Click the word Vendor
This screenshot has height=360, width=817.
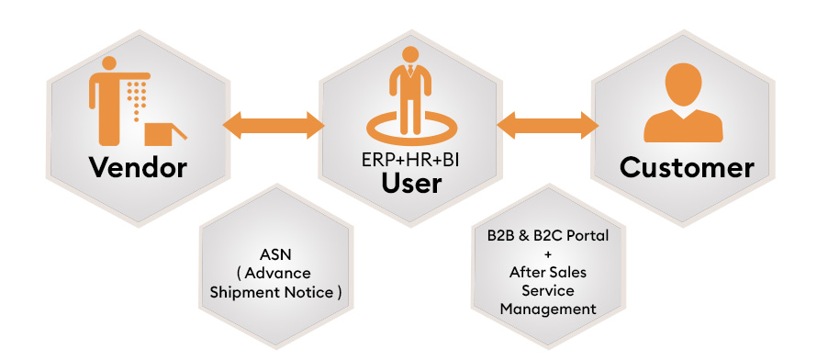click(139, 168)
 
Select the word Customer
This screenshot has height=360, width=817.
click(687, 168)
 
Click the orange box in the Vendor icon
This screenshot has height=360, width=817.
click(161, 135)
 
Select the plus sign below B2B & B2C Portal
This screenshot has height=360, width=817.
click(547, 253)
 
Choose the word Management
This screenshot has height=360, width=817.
click(548, 309)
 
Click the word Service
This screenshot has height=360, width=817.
click(547, 290)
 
